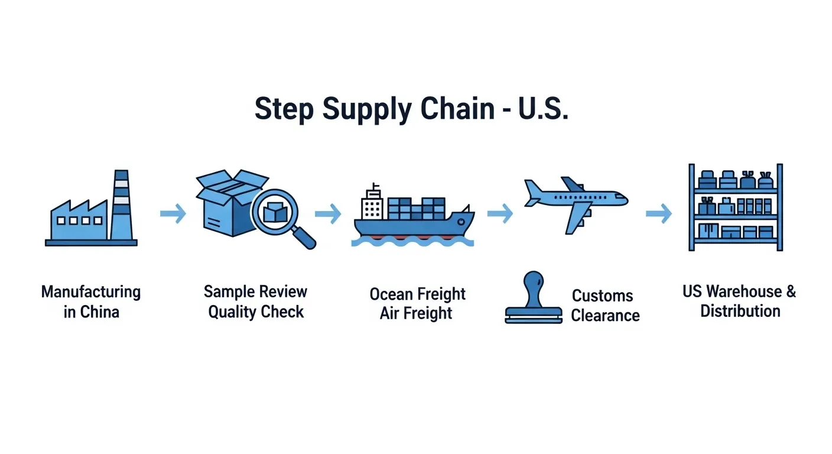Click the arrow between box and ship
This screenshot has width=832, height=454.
tap(328, 214)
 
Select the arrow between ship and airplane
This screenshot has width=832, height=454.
tap(500, 214)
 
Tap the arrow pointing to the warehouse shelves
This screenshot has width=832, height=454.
tap(658, 214)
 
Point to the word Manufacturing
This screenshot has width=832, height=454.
tap(91, 292)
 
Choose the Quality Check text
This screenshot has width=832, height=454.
tap(256, 312)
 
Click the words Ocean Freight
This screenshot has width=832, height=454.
tap(417, 294)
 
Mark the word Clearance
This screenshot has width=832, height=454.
tap(605, 315)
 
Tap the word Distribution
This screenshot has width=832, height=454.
tap(740, 311)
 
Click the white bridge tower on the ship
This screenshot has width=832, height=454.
tap(372, 204)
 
